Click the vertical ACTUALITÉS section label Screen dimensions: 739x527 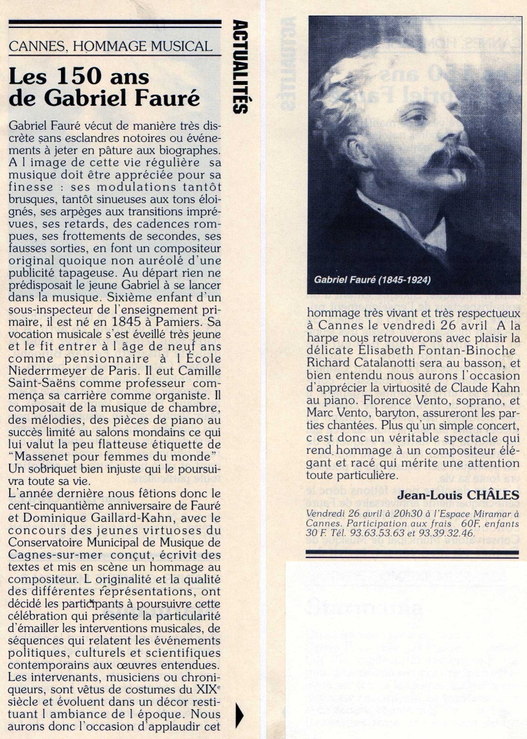click(239, 67)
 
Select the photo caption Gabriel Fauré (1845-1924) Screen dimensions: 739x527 click(372, 281)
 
